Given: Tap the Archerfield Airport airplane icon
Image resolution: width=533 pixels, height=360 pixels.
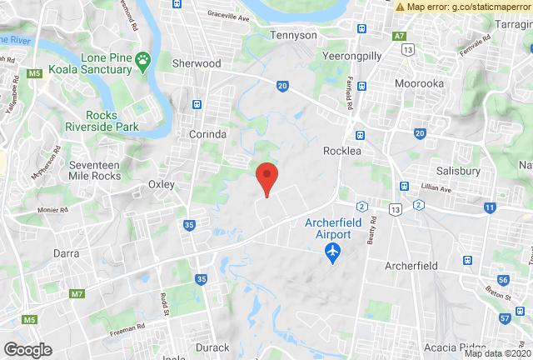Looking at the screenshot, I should click(333, 251).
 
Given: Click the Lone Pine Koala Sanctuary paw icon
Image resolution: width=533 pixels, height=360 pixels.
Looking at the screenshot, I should click(144, 59).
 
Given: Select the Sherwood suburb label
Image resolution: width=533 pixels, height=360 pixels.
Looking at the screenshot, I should click(196, 63).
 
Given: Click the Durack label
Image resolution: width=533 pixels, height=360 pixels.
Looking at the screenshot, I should click(211, 347).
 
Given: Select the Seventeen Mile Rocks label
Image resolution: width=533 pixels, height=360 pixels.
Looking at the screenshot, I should click(94, 172).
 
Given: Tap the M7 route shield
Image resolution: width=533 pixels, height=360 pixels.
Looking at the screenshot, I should click(77, 294).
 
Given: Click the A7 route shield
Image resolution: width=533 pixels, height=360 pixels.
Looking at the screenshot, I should click(400, 36).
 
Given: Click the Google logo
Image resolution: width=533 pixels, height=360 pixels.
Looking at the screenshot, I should click(28, 349).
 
